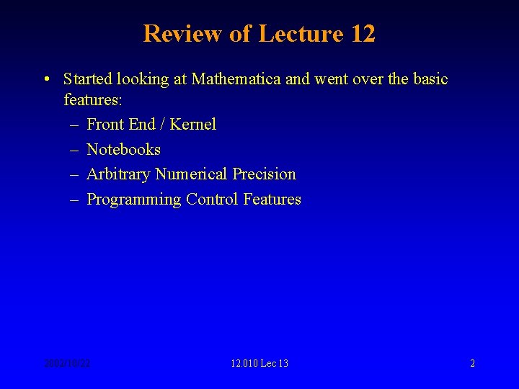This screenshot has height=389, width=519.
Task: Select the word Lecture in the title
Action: (297, 34)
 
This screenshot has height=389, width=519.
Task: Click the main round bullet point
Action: (46, 79)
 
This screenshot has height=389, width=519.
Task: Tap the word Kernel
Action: (192, 125)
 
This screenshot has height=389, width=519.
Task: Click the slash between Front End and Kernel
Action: (163, 125)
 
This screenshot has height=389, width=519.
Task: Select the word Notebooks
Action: (123, 150)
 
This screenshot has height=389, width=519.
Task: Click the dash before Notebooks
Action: (75, 150)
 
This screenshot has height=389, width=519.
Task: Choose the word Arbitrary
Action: (118, 174)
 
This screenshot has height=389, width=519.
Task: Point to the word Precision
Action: (264, 174)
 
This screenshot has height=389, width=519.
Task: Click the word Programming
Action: (133, 200)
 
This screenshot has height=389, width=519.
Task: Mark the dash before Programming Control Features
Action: (75, 200)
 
